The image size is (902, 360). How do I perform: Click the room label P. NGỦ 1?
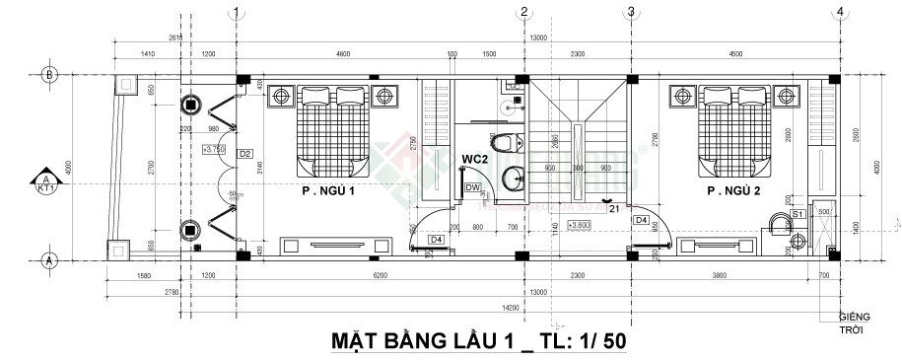pos(328,191)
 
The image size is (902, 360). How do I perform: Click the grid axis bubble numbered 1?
pos(236,12)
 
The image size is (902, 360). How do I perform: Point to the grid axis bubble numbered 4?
pos(839,12)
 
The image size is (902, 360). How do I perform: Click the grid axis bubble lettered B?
pos(46,74)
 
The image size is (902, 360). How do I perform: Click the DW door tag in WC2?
pos(472,186)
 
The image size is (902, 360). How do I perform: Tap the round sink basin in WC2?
pos(514,180)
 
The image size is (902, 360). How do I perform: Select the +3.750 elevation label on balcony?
pos(213,149)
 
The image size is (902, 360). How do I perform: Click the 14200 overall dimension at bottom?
pos(538,307)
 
